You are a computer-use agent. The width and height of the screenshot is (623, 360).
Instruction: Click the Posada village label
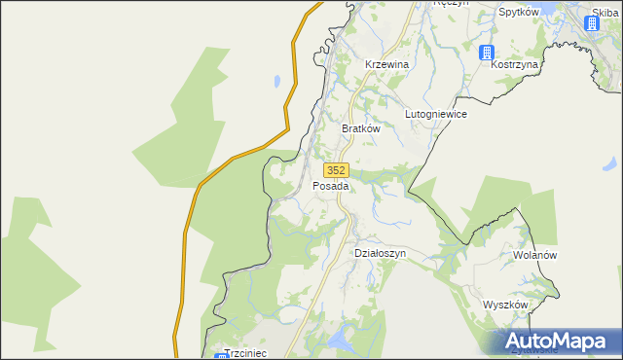(x=330, y=186)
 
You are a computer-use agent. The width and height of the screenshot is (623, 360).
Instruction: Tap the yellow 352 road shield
(x=336, y=169)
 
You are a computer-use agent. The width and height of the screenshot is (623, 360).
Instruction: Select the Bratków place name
(x=360, y=127)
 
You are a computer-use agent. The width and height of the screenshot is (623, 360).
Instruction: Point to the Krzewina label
(x=385, y=64)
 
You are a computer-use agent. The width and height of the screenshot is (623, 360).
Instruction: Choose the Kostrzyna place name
(x=515, y=64)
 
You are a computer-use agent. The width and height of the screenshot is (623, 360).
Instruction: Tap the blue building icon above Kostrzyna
(x=488, y=52)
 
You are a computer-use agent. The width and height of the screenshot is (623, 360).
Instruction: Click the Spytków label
(x=519, y=13)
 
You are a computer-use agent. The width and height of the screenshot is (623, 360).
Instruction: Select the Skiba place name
(x=605, y=13)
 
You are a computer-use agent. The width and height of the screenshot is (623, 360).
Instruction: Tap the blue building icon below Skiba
(x=597, y=25)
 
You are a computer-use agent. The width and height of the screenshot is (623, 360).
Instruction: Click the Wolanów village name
(x=534, y=255)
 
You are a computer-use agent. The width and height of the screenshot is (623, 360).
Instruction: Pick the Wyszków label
(x=505, y=305)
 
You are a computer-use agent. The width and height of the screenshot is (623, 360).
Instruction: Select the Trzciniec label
(x=246, y=353)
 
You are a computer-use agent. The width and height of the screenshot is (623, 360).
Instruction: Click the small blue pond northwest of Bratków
(x=277, y=82)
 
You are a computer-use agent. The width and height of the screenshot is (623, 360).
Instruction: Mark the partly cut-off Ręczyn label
(x=451, y=3)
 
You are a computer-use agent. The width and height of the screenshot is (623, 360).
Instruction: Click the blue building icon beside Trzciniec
(x=220, y=356)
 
